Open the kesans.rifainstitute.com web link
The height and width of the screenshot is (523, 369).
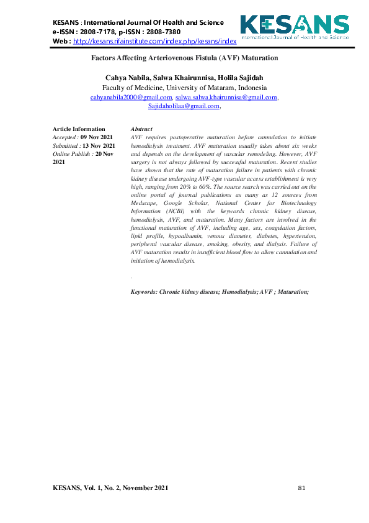(x=155, y=42)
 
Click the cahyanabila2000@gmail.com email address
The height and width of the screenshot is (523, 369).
(x=131, y=98)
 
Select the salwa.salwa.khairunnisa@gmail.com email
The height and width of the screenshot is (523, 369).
(x=226, y=98)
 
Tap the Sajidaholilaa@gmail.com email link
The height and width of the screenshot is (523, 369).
(x=184, y=106)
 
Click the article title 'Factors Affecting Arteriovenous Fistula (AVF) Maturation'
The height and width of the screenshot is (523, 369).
(x=184, y=58)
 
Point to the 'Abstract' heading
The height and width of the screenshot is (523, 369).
(x=142, y=129)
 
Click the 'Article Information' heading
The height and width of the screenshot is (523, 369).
(x=79, y=129)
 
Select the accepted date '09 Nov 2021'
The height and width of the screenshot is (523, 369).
(x=97, y=137)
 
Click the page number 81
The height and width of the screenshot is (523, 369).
(x=302, y=488)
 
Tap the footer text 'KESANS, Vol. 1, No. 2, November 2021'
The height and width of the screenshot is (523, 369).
(x=110, y=488)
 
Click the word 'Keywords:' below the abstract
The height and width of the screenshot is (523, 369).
(x=144, y=291)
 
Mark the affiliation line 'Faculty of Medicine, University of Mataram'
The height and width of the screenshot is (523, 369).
(x=184, y=88)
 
